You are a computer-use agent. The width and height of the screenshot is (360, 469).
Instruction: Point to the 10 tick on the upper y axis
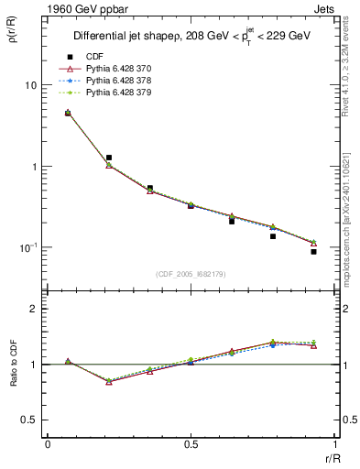[x=27, y=85]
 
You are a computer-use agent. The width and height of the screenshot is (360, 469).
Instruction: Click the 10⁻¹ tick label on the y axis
[x=26, y=247]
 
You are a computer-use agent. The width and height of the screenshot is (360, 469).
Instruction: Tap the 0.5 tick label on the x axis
[x=191, y=446]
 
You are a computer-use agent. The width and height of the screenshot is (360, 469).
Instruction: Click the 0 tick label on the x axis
[x=48, y=446]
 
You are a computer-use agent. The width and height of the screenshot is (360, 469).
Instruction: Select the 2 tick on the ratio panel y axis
[x=32, y=309]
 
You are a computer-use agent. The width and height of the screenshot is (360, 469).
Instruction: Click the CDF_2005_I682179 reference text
[x=191, y=273]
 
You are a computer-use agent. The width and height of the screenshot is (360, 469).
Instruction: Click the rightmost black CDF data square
[x=313, y=251]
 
